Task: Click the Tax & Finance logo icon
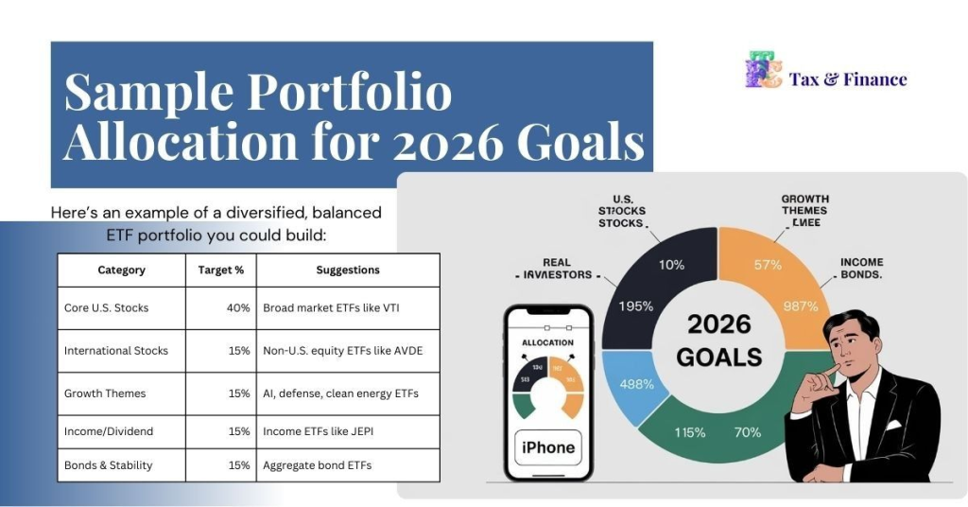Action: (x=763, y=71)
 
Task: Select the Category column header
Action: (x=121, y=271)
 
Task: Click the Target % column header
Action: (x=221, y=271)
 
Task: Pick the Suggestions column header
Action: (x=348, y=271)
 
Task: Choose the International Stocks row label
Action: (x=116, y=351)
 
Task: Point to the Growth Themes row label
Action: (x=105, y=393)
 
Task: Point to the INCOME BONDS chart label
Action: (x=861, y=268)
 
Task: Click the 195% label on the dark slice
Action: (x=635, y=306)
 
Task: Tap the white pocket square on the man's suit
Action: (x=892, y=425)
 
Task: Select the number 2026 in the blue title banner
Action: (x=457, y=144)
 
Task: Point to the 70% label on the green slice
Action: (x=748, y=433)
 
